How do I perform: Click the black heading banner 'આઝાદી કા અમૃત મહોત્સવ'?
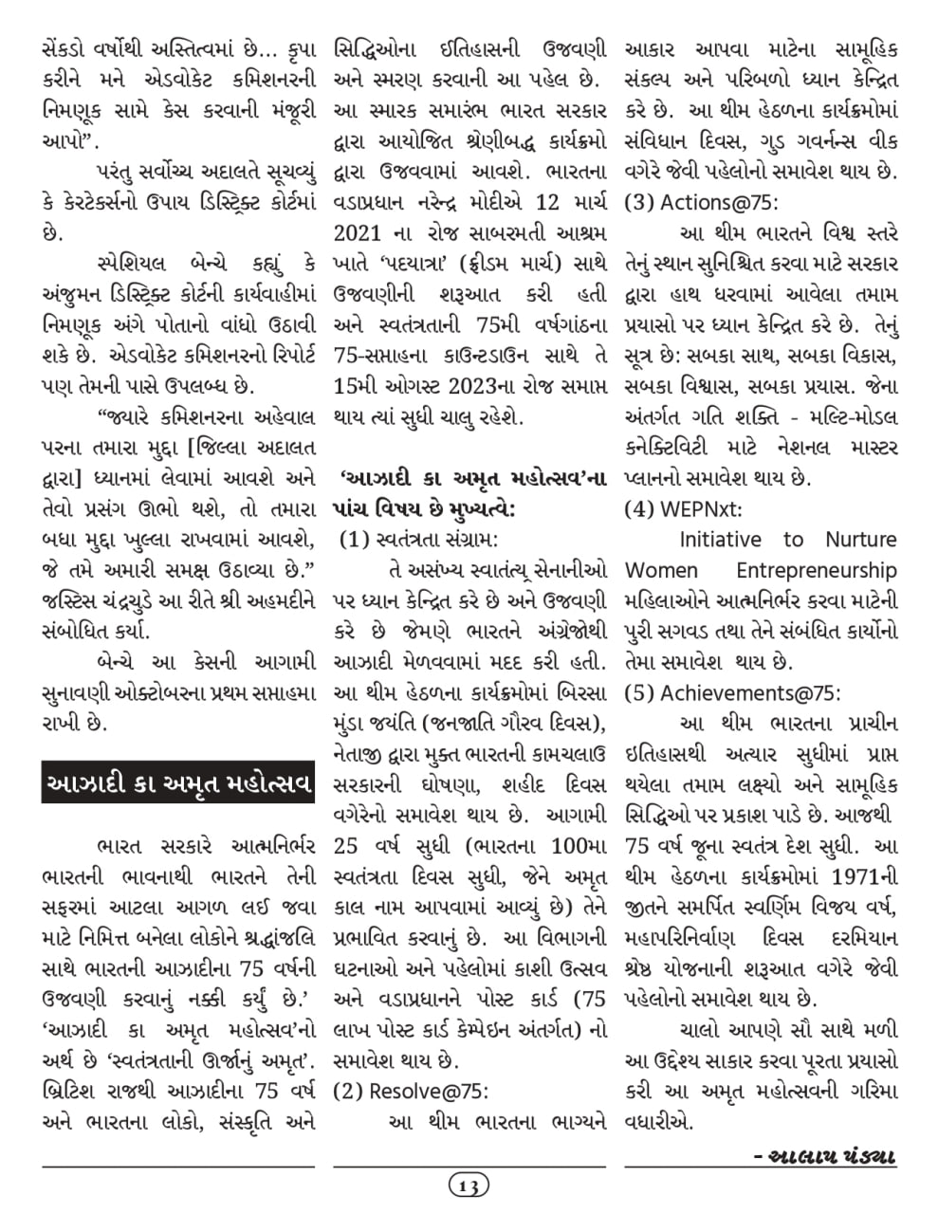click(x=178, y=782)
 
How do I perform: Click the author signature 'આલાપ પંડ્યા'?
click(x=824, y=1157)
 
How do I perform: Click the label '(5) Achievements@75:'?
click(x=732, y=692)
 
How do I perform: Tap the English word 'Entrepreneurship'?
click(x=817, y=571)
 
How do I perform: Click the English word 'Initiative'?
click(x=720, y=540)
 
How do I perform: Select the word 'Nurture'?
click(x=860, y=540)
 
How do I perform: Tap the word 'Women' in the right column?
click(x=661, y=571)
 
